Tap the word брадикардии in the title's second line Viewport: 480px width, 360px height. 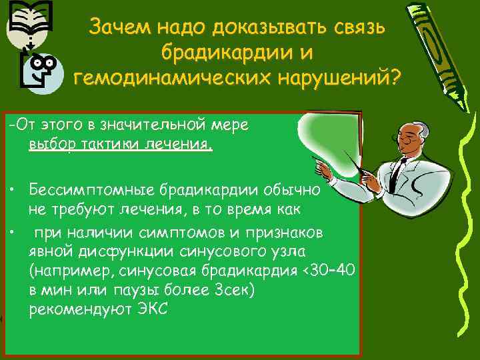pos(228,53)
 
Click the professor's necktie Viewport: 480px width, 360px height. pos(398,171)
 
